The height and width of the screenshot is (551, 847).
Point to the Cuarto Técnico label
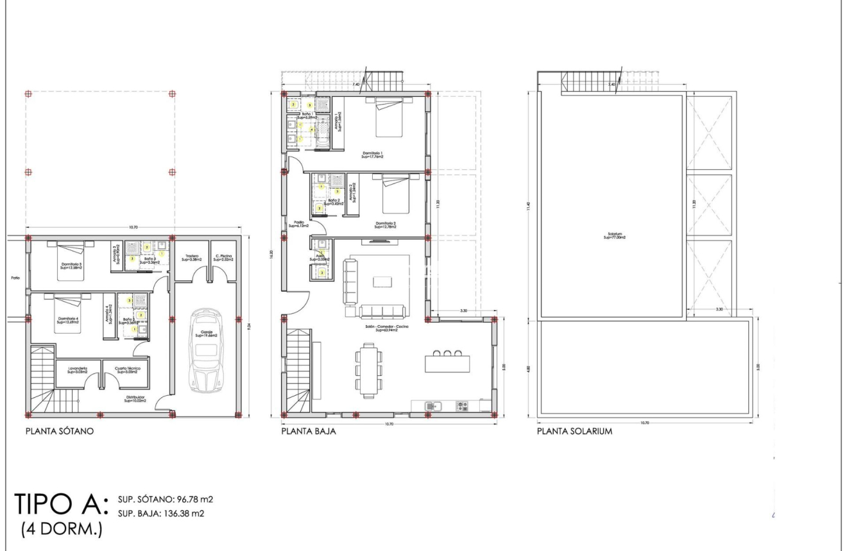point(127,369)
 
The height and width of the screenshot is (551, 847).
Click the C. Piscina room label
point(223,257)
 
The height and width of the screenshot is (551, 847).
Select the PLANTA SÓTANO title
point(60,432)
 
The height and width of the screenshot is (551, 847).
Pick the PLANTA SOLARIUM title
point(574,432)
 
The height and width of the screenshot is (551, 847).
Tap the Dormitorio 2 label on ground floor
point(386,225)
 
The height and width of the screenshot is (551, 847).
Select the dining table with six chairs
point(368,367)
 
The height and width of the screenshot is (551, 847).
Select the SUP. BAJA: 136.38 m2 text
point(160,511)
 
